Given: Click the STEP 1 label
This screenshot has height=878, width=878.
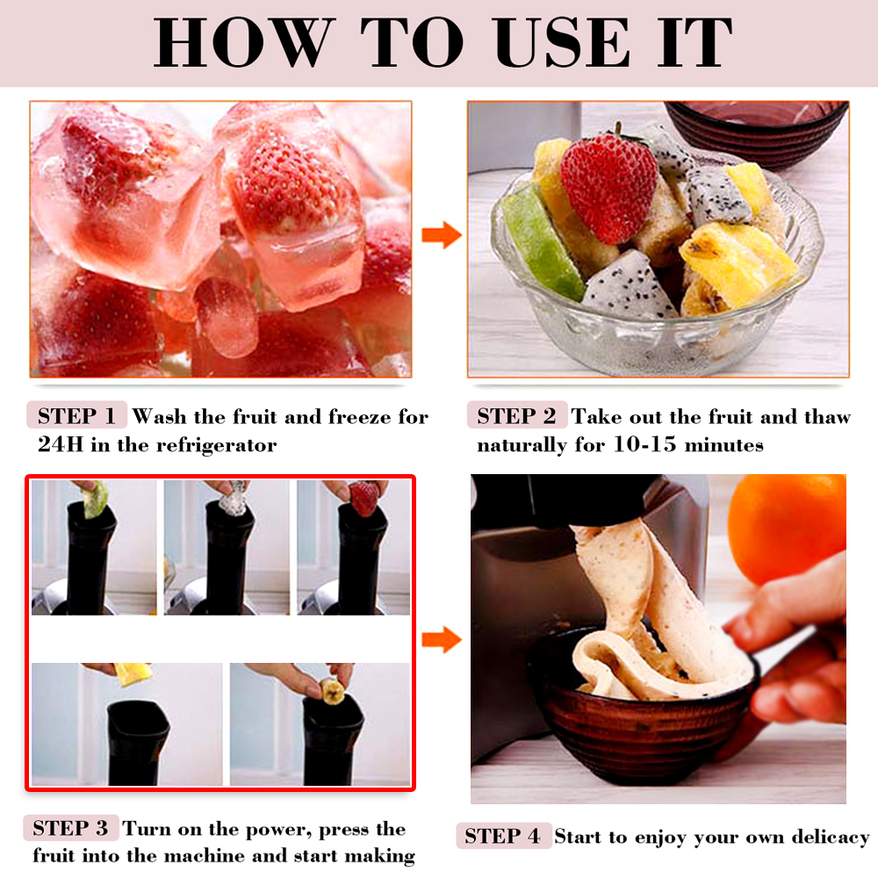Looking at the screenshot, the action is [x=76, y=416].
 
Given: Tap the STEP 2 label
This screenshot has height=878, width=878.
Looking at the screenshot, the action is [x=517, y=416].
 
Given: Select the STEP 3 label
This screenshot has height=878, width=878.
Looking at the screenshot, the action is [x=70, y=828].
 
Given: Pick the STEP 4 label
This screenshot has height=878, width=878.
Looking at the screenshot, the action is [x=503, y=836].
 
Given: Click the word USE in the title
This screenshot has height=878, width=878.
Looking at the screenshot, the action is [x=562, y=42].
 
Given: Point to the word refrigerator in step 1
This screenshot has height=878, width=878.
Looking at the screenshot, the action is [x=216, y=445].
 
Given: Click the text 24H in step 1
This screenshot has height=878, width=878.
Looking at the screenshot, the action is [x=60, y=444].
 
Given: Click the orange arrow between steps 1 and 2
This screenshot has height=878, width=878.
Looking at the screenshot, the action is [x=442, y=234].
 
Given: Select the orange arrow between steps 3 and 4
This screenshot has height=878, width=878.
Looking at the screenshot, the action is [x=442, y=639].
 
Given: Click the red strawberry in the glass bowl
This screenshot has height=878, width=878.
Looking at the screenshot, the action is [x=608, y=186].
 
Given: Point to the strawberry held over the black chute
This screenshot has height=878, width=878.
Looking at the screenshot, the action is [x=364, y=498].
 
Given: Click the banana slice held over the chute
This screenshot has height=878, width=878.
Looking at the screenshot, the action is [x=332, y=691].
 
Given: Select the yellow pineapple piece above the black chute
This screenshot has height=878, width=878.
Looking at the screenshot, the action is [x=133, y=674].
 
